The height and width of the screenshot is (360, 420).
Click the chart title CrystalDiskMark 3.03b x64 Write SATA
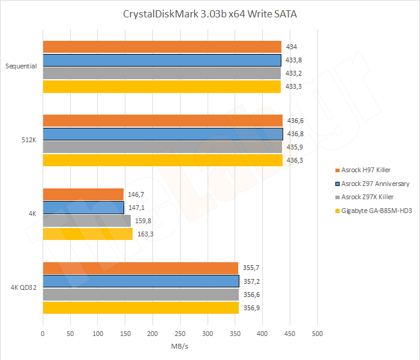pos(210,14)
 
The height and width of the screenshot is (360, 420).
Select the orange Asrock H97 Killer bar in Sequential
pos(162,47)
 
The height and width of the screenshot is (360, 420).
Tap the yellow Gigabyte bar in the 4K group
pos(88,234)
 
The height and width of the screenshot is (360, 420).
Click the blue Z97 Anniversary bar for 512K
pos(163,134)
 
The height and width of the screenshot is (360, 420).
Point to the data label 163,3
pos(146,234)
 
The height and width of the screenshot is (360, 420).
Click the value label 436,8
pos(296,134)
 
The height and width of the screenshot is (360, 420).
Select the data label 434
pos(292,47)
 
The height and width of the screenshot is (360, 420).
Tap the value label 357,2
pos(252,281)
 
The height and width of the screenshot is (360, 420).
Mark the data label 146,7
pos(137,194)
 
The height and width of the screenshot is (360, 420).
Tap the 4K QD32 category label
pos(24,288)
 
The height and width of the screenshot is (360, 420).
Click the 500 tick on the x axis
pos(317,333)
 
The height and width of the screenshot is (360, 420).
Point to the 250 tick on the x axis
pos(180,333)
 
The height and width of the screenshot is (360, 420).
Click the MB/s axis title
pos(180,346)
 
